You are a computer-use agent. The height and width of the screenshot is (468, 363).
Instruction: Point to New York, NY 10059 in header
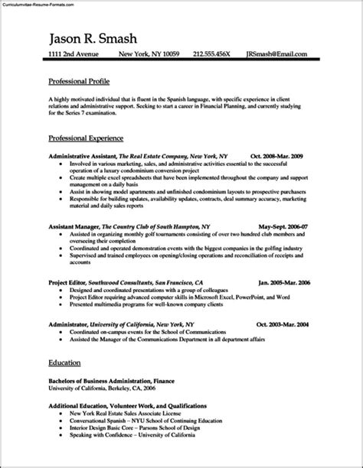(150, 56)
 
